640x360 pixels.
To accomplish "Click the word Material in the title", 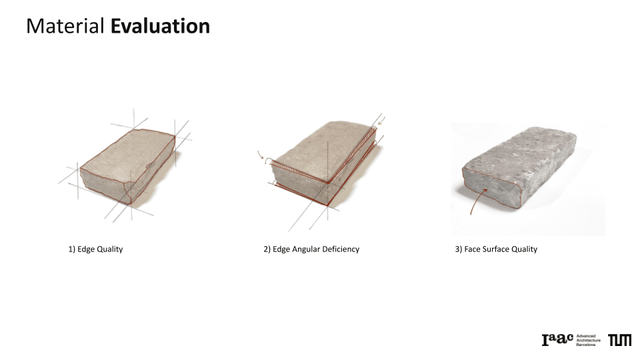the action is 65,26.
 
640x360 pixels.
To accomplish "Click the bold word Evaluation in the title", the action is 160,26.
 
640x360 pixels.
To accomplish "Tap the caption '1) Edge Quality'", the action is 95,249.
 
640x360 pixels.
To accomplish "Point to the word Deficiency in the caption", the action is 341,249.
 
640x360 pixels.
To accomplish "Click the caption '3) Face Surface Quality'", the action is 496,249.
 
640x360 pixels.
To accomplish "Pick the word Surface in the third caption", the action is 496,249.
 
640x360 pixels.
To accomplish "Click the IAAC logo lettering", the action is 557,339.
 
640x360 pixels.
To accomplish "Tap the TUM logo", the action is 619,340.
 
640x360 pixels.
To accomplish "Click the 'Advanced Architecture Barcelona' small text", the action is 588,341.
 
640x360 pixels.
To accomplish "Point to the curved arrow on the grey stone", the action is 476,202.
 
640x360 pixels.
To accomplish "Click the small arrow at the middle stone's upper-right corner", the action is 381,121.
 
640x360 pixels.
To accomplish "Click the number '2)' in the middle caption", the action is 267,249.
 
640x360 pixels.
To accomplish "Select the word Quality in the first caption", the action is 110,249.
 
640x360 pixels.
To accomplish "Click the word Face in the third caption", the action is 472,249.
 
